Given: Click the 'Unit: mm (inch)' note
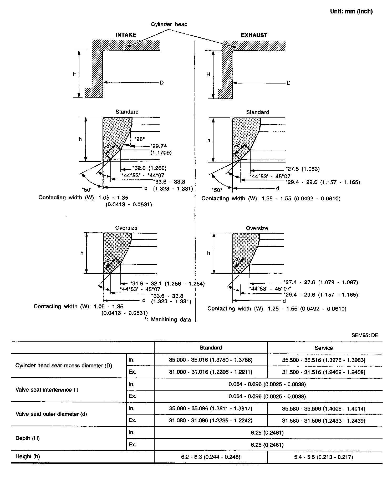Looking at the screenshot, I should click(x=351, y=11).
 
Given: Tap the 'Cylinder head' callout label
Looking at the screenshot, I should click(x=169, y=24).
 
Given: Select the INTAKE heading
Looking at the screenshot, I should click(x=126, y=35).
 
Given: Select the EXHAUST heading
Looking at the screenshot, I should click(x=254, y=35).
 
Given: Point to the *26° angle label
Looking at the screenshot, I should click(x=140, y=139).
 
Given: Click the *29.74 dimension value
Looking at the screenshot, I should click(x=159, y=146).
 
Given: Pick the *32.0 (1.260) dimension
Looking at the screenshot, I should click(x=149, y=168).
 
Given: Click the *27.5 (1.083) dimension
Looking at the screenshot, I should click(x=302, y=169).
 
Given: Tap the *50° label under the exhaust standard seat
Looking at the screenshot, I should click(x=217, y=190).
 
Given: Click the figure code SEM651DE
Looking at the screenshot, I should click(x=365, y=335).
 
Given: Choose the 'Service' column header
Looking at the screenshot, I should click(x=324, y=348).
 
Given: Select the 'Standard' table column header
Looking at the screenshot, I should click(x=211, y=348).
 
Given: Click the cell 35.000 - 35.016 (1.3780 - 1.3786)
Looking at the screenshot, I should click(x=211, y=360).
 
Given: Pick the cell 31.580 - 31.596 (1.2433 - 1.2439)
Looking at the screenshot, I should click(x=324, y=421).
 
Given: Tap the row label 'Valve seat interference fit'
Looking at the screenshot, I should click(x=47, y=390).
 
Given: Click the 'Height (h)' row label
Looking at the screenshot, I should click(x=28, y=456).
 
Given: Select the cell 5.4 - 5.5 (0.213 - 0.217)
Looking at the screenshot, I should click(x=324, y=457).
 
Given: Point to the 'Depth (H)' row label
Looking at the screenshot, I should click(x=27, y=438).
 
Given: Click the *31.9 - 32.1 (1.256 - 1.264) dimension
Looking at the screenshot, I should click(x=167, y=284).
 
